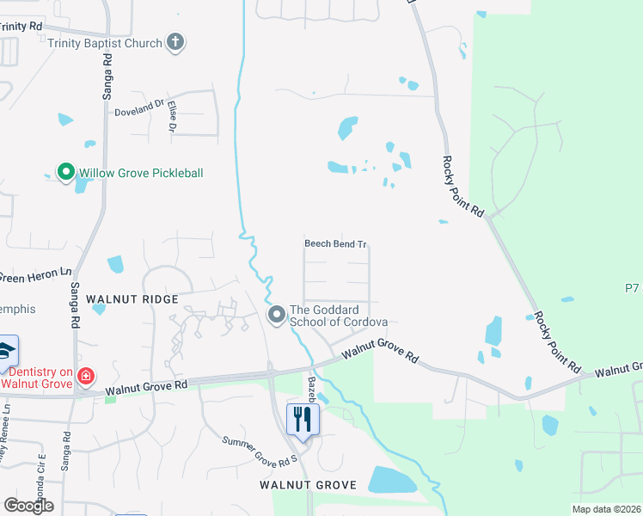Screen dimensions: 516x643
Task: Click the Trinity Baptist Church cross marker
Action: pyautogui.click(x=175, y=42)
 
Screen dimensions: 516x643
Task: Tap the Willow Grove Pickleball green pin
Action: pyautogui.click(x=65, y=172)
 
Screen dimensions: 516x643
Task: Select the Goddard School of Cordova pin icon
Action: pyautogui.click(x=277, y=316)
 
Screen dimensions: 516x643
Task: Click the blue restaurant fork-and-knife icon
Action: pyautogui.click(x=302, y=420)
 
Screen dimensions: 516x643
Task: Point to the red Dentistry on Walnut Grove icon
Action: pyautogui.click(x=85, y=375)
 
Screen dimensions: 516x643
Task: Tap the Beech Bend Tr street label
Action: pyautogui.click(x=336, y=244)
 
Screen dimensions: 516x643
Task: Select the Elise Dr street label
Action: pyautogui.click(x=172, y=116)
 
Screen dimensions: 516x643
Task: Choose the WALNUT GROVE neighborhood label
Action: pyautogui.click(x=308, y=485)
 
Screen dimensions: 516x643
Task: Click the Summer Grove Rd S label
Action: pyautogui.click(x=259, y=448)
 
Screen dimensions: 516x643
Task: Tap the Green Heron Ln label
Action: pyautogui.click(x=34, y=275)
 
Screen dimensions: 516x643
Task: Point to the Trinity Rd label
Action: pyautogui.click(x=21, y=27)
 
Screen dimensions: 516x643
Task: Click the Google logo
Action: pyautogui.click(x=28, y=506)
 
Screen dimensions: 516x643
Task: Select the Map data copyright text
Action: pyautogui.click(x=607, y=509)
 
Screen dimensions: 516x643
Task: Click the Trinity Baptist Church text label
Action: pyautogui.click(x=105, y=43)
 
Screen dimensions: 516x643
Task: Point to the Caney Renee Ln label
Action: pyautogui.click(x=6, y=435)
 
